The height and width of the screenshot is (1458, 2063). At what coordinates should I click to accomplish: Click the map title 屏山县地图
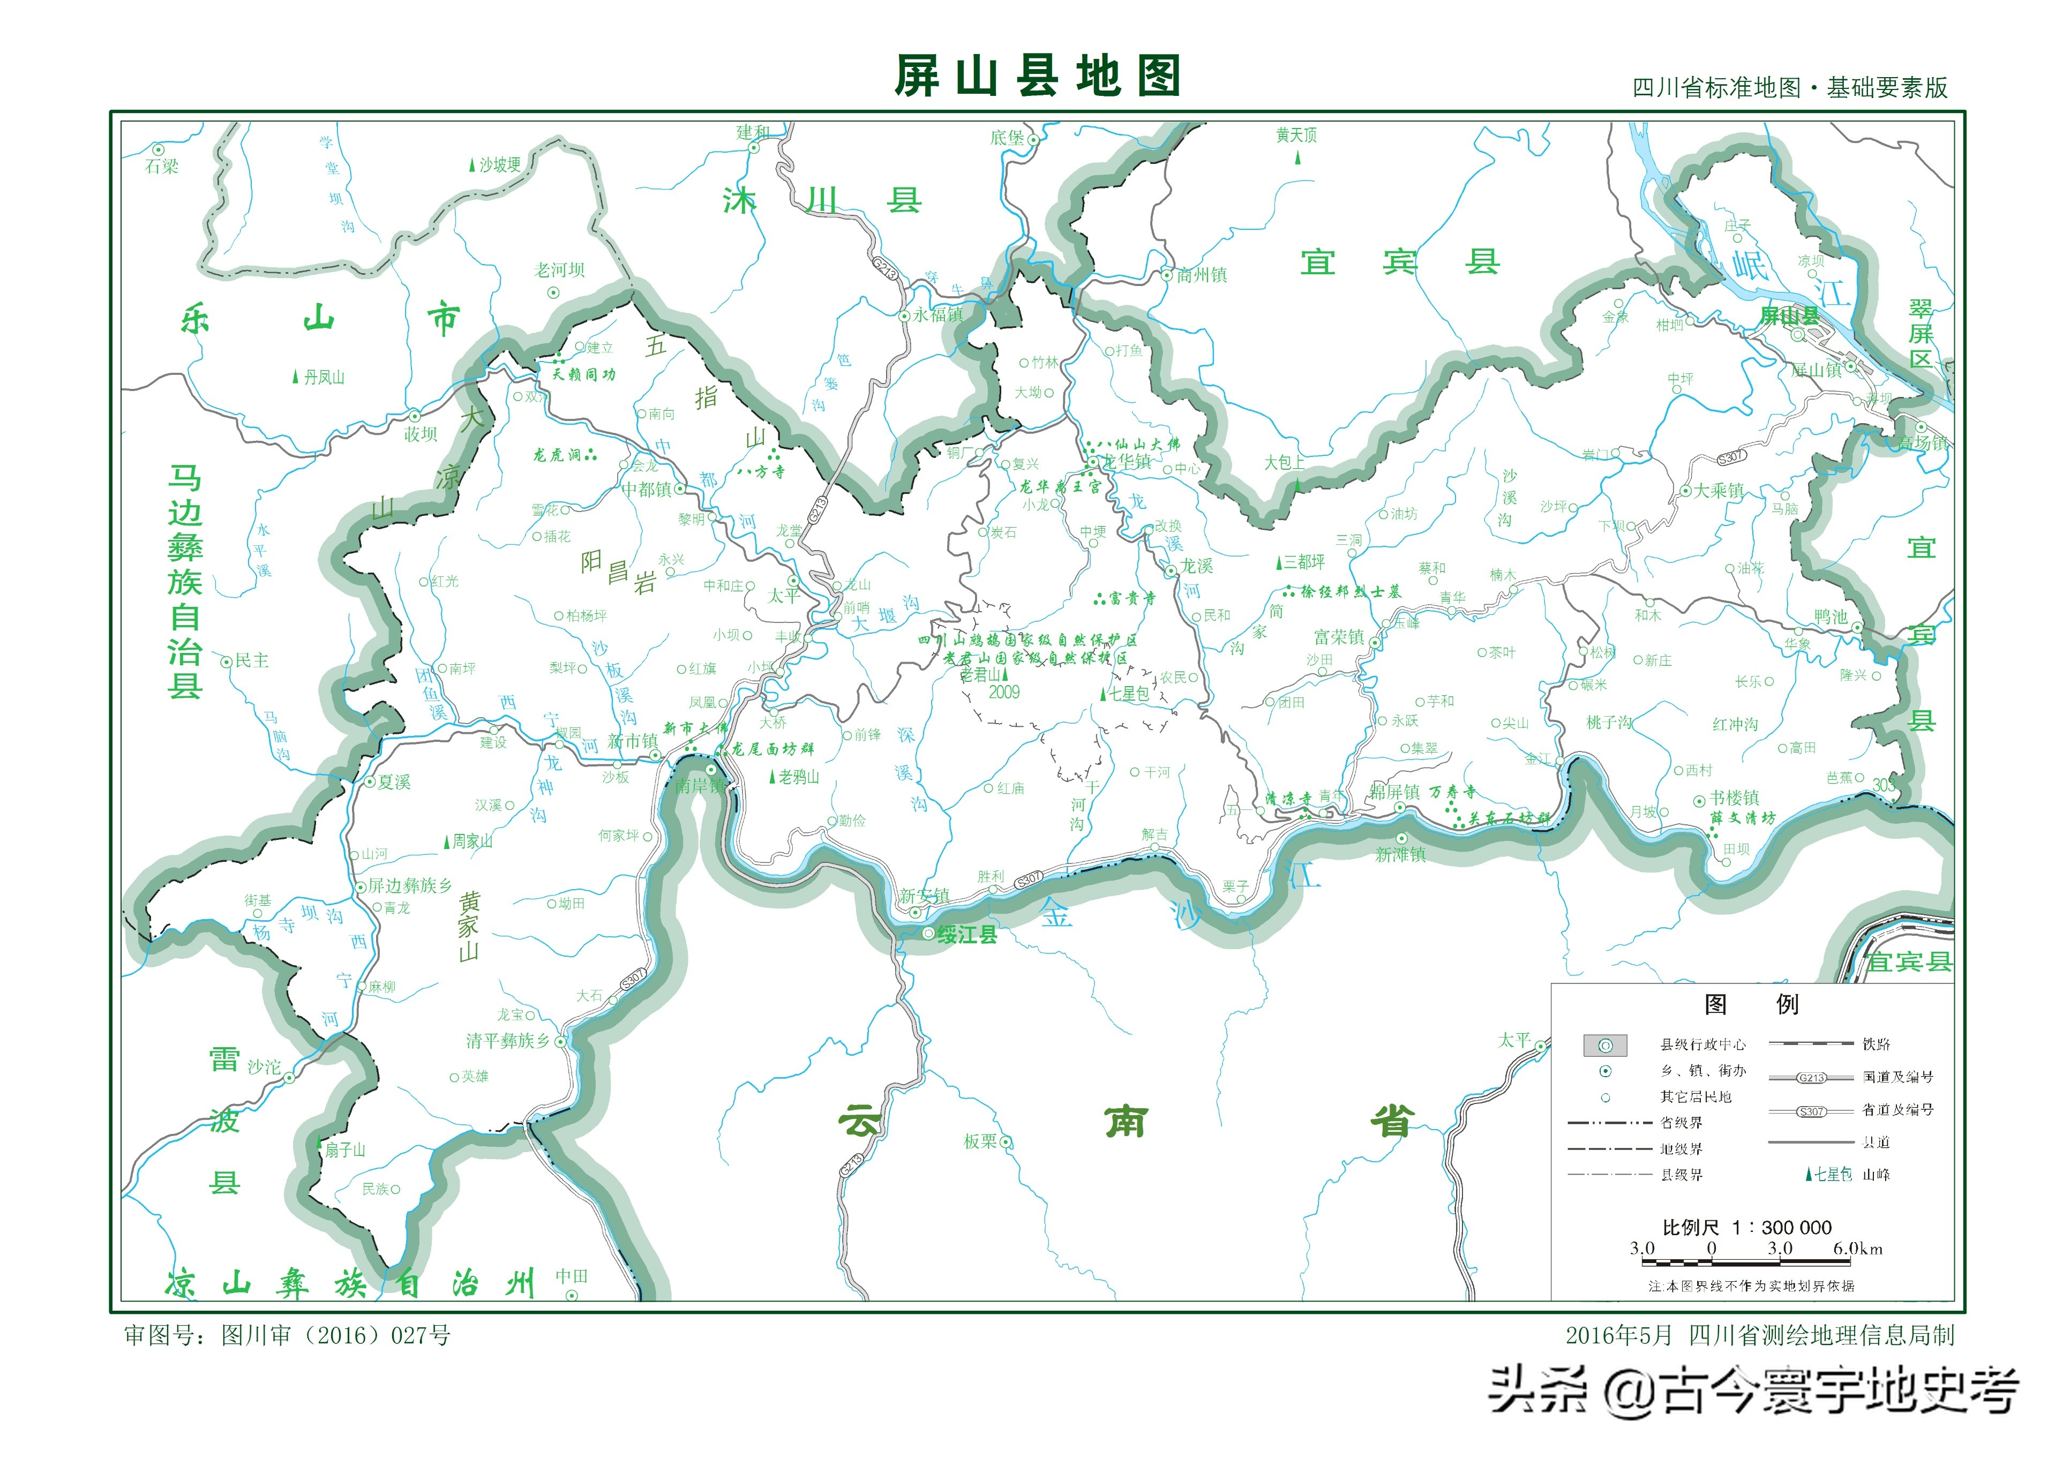click(1036, 77)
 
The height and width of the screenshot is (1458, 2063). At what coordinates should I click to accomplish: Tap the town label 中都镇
click(647, 490)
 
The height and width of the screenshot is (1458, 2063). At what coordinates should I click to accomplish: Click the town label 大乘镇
click(1719, 491)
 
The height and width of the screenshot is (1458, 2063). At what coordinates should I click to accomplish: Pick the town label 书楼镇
click(1734, 798)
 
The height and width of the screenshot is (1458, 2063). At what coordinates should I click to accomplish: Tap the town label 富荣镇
click(1339, 638)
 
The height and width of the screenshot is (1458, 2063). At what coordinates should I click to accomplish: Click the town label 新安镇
click(924, 896)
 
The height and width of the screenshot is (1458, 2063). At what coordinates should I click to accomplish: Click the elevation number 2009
click(1004, 693)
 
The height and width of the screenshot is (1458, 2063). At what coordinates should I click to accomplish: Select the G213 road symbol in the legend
click(1811, 1077)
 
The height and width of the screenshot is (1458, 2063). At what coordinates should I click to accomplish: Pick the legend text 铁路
click(1876, 1044)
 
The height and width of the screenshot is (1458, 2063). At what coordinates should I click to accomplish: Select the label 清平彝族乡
click(508, 1041)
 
